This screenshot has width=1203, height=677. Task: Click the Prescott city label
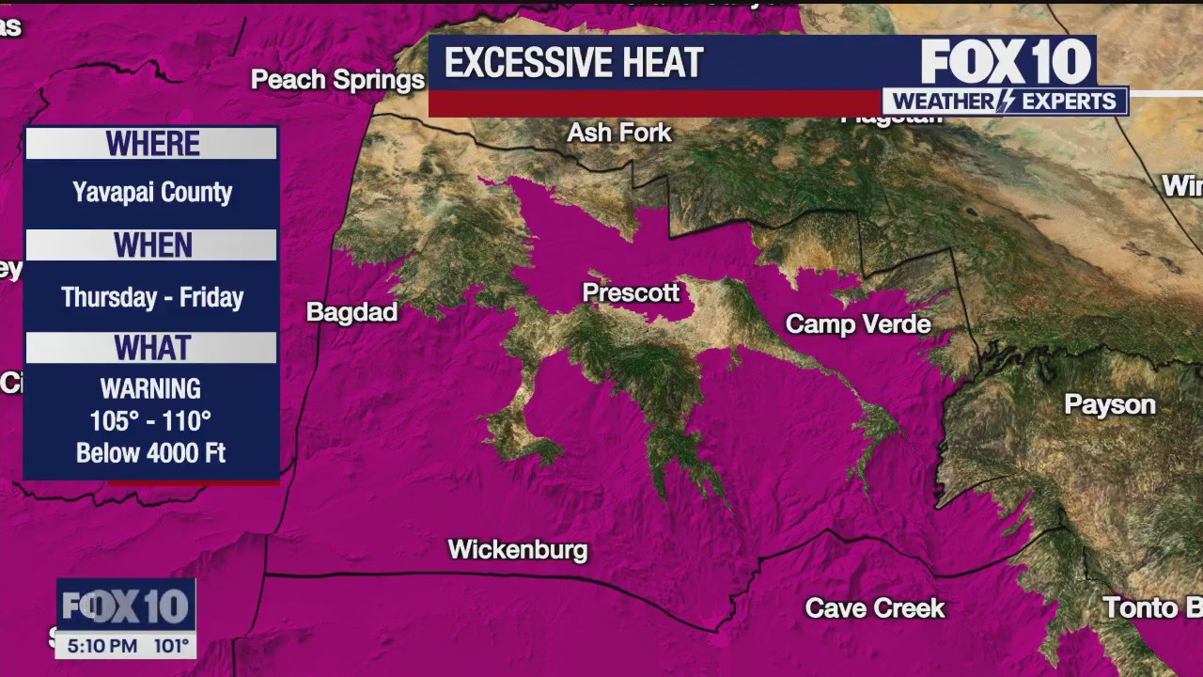pos(631,292)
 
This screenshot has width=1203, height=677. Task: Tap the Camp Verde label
pos(858,324)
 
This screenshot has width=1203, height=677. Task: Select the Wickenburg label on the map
pos(518,550)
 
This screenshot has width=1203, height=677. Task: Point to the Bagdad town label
pos(352,312)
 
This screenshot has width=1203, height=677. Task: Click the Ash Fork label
pos(619,133)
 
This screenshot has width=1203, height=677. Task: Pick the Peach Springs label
pos(337,80)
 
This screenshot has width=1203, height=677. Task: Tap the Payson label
pos(1110,404)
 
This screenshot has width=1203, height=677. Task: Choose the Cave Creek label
pos(875,608)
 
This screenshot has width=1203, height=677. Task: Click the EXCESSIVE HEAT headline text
pos(573,63)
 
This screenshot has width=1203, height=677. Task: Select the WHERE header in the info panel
pos(152,144)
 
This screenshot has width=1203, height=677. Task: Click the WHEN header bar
pos(152,245)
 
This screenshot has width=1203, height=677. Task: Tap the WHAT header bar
pos(152,348)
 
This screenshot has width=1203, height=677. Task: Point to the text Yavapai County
pos(152,193)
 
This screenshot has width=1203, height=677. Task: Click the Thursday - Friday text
pos(152,297)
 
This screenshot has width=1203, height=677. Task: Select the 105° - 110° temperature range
pos(150,420)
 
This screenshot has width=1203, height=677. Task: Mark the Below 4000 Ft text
pos(150,452)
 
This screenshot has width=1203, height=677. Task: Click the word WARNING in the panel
pos(150,388)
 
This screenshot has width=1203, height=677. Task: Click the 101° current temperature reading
pos(172,646)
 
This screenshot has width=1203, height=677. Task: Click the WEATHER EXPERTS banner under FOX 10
pos(1004,102)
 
